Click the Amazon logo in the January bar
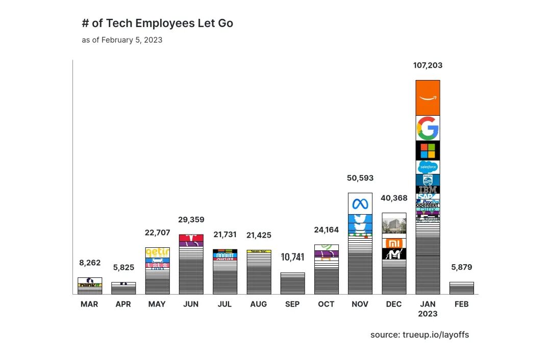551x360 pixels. click(x=428, y=98)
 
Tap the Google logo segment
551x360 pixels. click(x=428, y=128)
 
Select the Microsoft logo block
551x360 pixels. click(x=428, y=150)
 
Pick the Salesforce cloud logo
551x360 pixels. click(x=428, y=167)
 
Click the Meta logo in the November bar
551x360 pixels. click(x=360, y=203)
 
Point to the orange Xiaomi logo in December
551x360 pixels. click(x=394, y=243)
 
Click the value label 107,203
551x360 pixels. click(x=428, y=65)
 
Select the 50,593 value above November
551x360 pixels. click(x=360, y=178)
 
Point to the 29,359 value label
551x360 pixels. click(x=191, y=220)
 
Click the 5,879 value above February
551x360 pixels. click(x=461, y=267)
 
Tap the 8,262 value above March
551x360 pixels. click(x=90, y=263)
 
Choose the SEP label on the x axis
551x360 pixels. click(x=292, y=304)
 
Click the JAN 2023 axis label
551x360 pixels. click(x=428, y=308)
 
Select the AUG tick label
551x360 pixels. click(x=259, y=304)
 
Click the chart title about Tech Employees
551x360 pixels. click(x=157, y=23)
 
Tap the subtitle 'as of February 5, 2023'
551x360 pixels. click(x=122, y=40)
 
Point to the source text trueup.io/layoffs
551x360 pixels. click(x=419, y=335)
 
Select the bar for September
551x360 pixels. click(x=292, y=283)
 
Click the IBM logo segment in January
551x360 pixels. click(x=428, y=189)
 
